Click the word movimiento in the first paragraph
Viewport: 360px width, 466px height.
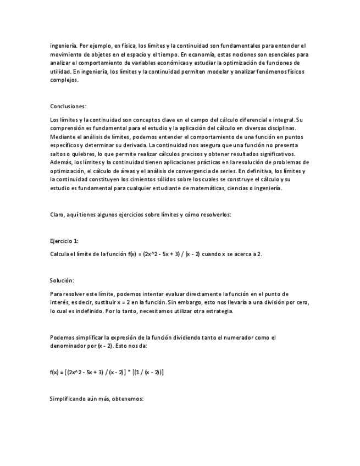(x=65, y=54)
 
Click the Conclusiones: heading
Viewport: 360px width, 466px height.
(x=68, y=106)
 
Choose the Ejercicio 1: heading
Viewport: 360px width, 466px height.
(x=64, y=241)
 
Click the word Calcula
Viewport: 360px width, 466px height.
(x=59, y=254)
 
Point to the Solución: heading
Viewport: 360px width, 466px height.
(x=62, y=280)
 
